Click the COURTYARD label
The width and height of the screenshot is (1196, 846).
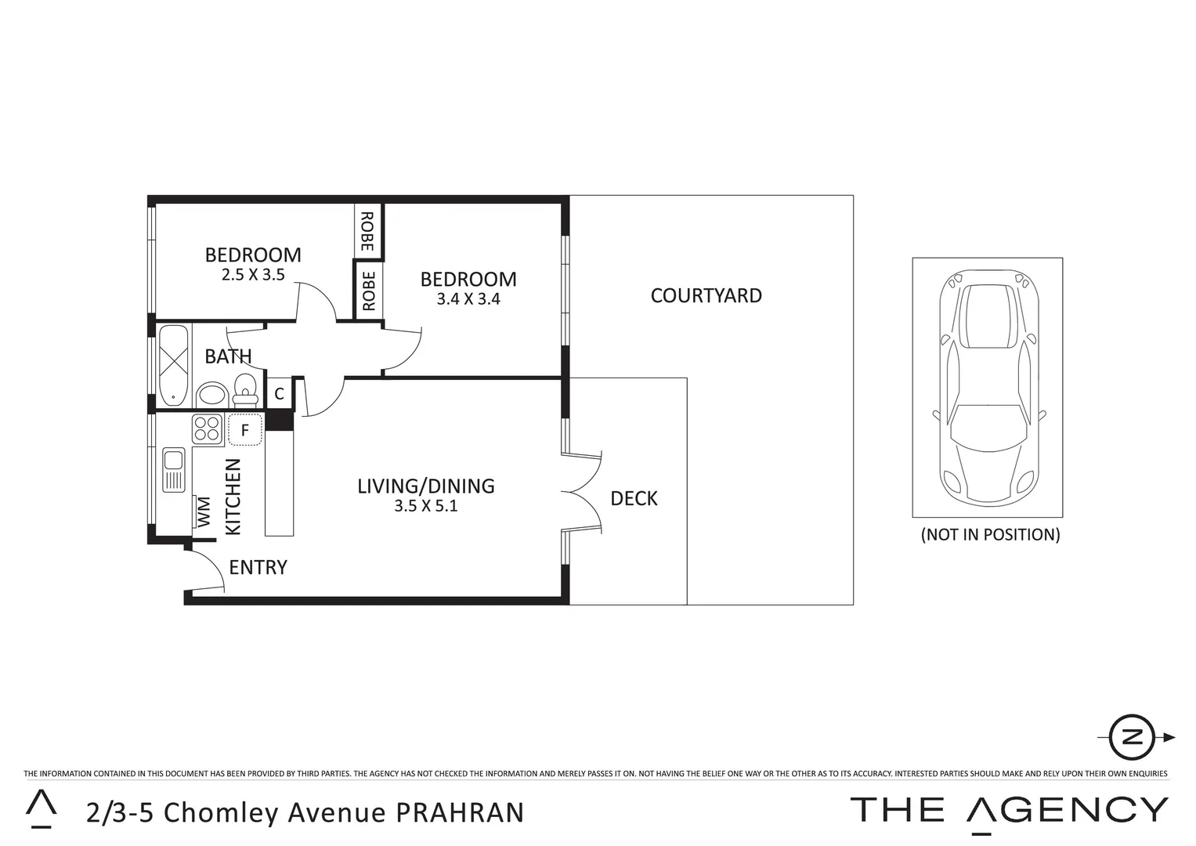coord(706,296)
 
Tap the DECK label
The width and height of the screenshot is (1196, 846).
coord(634,499)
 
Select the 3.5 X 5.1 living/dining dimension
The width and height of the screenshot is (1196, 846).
coord(426,506)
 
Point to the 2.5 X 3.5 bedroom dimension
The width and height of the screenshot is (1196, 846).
coord(253,275)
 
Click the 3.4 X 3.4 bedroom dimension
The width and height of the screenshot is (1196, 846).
coord(468,299)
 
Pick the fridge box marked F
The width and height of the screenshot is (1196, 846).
coord(244,430)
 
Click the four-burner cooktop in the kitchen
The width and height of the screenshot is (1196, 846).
coord(208,430)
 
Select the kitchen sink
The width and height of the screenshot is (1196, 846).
coord(173,469)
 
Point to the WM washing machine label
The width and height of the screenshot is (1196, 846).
coord(204,512)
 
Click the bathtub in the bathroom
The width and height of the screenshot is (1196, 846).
coord(174,366)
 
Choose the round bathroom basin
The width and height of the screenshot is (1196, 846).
coord(211,395)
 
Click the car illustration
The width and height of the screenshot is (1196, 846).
coord(987,388)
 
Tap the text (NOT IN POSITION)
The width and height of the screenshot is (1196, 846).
coord(990,535)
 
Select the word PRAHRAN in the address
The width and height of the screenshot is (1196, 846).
coord(460,813)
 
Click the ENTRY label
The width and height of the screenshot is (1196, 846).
coord(258,567)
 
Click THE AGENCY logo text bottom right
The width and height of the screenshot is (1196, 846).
coord(1009,810)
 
